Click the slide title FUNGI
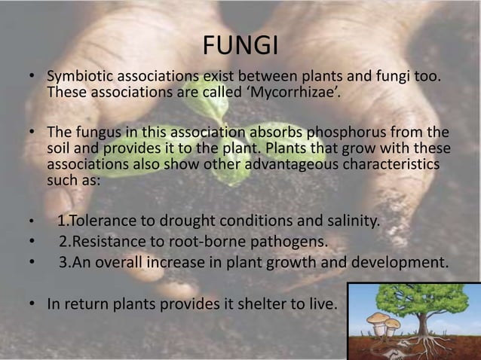tap(240, 46)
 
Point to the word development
tap(398, 263)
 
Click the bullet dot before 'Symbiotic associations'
tap(32, 78)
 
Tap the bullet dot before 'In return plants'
tap(32, 305)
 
